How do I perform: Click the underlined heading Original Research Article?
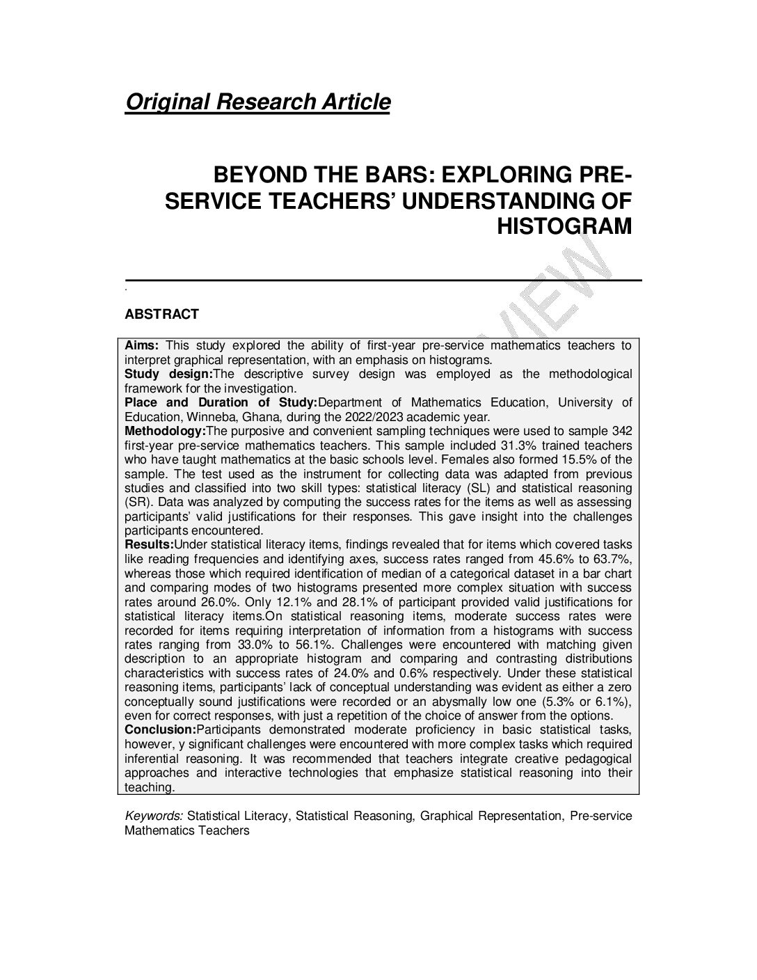(257, 102)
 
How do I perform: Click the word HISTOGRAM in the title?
(564, 226)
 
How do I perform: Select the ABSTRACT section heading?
(161, 314)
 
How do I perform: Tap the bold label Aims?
(143, 345)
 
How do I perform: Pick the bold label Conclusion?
(160, 729)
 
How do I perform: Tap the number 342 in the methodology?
(622, 431)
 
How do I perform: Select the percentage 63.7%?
(613, 559)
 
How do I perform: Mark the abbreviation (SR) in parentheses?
(137, 502)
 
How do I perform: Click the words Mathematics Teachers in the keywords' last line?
(186, 830)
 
